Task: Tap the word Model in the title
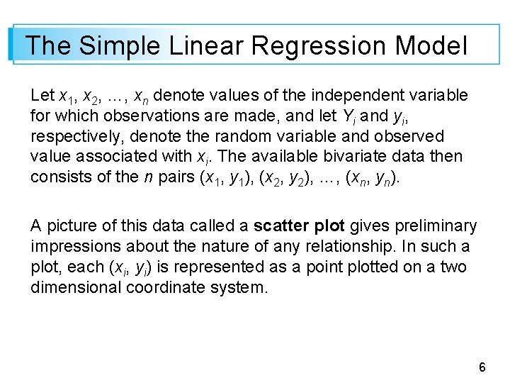click(431, 47)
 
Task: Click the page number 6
click(482, 367)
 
